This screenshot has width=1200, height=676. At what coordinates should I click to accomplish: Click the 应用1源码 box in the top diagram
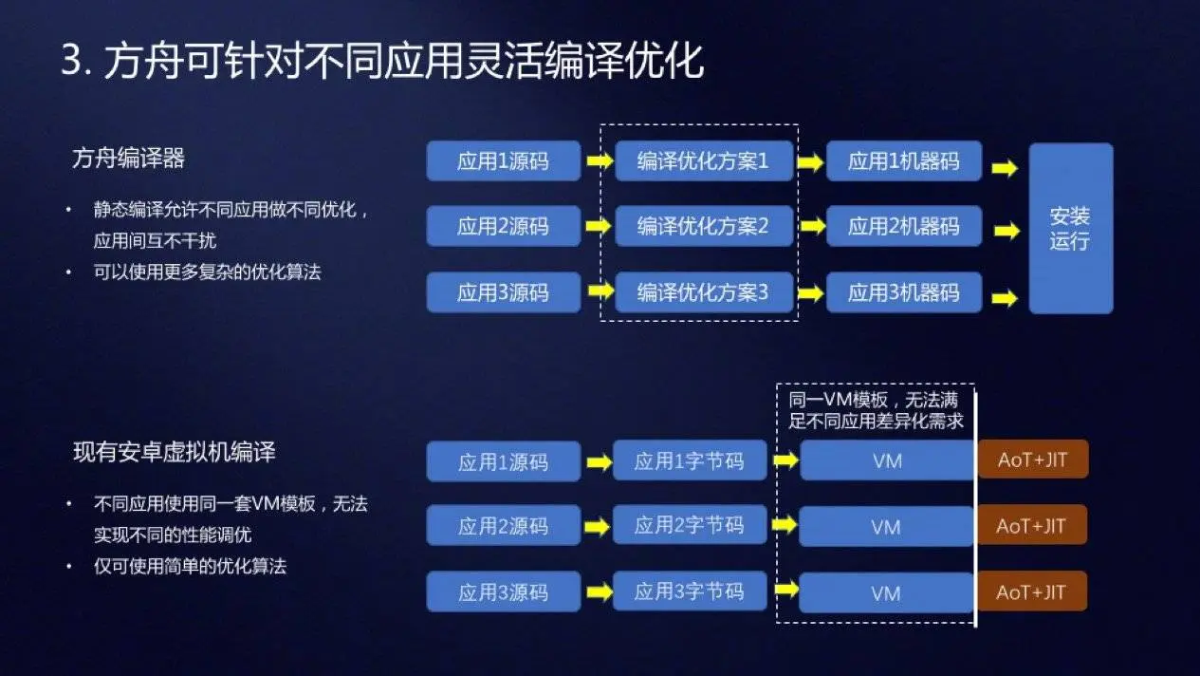(x=503, y=161)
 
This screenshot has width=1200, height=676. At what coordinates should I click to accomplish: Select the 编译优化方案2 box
(x=703, y=227)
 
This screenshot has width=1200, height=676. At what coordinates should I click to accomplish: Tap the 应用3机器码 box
(x=903, y=292)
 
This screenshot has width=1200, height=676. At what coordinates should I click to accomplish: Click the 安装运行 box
(x=1070, y=228)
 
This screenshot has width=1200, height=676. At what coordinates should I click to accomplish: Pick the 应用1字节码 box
(x=689, y=461)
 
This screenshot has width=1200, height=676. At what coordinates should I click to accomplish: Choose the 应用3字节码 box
(x=689, y=592)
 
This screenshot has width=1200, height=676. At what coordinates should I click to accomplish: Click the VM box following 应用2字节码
(x=886, y=527)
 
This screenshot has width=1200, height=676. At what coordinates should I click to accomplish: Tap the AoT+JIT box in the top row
(x=1032, y=460)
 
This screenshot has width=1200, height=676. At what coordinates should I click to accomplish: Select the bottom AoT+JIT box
(x=1032, y=592)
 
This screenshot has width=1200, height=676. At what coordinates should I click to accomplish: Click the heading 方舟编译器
(x=128, y=159)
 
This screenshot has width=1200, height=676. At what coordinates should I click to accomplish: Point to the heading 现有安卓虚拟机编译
(x=175, y=452)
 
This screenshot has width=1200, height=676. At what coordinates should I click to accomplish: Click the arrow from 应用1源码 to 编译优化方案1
(x=599, y=161)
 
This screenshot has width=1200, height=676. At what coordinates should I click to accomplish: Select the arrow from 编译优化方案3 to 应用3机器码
(x=810, y=293)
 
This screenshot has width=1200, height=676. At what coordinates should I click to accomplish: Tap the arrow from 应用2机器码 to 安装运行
(x=1004, y=229)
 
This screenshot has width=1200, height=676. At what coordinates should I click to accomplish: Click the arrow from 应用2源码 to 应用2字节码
(x=598, y=527)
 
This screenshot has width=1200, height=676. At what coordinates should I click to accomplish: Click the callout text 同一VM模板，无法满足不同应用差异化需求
(x=876, y=411)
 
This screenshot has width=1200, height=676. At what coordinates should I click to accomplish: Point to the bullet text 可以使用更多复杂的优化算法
(x=207, y=272)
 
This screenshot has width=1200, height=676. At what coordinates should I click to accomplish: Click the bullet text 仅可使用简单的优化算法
(x=190, y=567)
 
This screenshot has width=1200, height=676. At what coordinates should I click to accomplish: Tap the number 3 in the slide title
(x=71, y=63)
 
